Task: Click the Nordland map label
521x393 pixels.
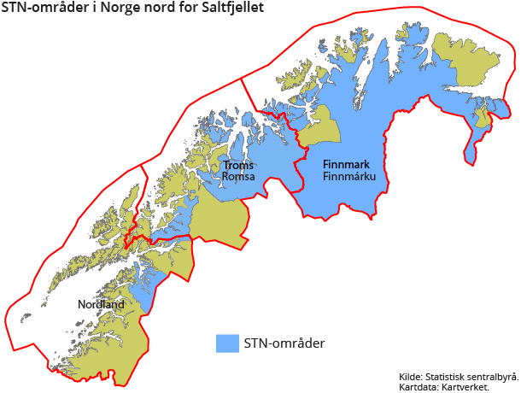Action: pos(101,304)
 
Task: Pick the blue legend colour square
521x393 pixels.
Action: pos(227,343)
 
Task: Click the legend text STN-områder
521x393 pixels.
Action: pos(284,343)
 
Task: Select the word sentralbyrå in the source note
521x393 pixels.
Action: pos(492,376)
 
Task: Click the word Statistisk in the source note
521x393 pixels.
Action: pos(448,376)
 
